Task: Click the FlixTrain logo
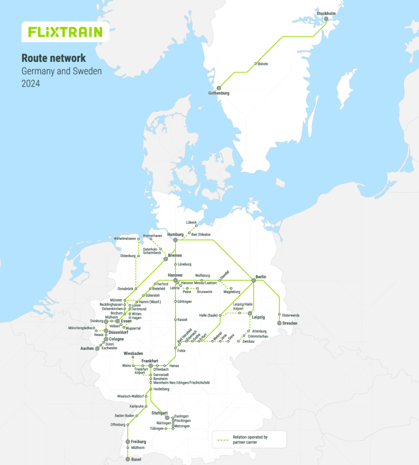[65, 32]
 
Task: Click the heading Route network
[53, 58]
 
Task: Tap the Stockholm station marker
[326, 19]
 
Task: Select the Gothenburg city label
[219, 93]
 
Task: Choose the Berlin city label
[261, 277]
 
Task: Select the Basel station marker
[127, 459]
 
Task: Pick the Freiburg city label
[138, 442]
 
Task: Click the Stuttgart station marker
[167, 417]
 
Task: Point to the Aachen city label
[87, 348]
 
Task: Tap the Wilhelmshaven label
[125, 238]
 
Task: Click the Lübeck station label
[192, 222]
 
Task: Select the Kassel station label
[183, 320]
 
